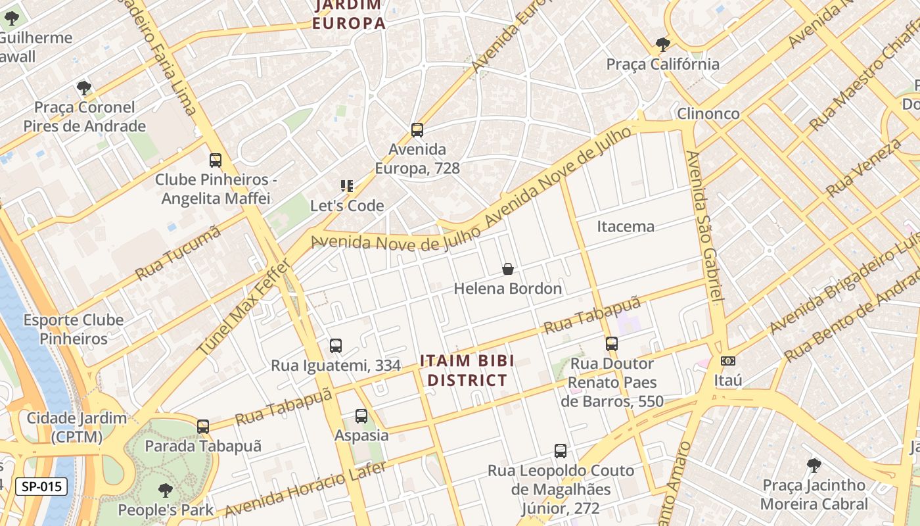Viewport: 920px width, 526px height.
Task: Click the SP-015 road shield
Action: (41, 487)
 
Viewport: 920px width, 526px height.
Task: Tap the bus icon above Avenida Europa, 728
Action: (417, 130)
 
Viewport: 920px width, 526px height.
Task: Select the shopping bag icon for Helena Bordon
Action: (508, 268)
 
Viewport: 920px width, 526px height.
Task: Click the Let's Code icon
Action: (347, 186)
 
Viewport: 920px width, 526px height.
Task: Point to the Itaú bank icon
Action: (727, 361)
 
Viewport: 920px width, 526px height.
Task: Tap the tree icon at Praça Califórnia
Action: (662, 45)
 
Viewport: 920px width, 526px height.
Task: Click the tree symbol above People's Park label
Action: (166, 490)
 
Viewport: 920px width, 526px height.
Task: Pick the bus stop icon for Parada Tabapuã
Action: (203, 427)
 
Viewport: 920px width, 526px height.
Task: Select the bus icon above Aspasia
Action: (361, 416)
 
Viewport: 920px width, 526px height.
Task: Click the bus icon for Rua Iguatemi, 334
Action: (336, 345)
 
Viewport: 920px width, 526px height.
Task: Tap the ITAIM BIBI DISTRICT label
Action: (467, 370)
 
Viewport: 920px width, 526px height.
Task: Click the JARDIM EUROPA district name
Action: (348, 14)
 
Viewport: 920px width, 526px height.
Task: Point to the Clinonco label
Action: (708, 113)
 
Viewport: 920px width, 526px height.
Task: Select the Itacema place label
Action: (626, 227)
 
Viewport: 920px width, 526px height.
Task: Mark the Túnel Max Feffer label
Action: (244, 308)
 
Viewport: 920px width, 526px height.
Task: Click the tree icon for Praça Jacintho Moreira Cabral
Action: (814, 466)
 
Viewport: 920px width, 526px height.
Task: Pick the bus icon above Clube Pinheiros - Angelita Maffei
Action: (216, 160)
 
